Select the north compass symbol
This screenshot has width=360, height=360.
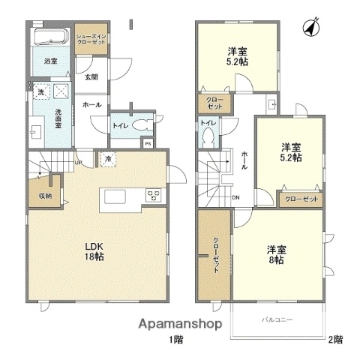(307, 28)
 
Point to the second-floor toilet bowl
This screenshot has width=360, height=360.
(208, 138)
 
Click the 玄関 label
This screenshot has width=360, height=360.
(91, 76)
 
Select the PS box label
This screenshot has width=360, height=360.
(148, 143)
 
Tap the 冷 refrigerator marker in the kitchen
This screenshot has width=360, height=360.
(109, 159)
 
